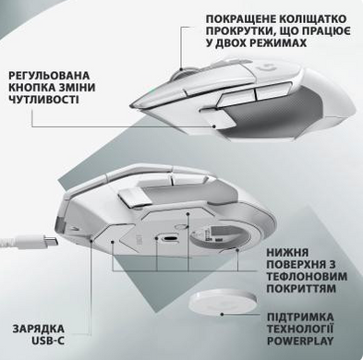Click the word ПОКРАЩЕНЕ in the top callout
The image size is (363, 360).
pyautogui.click(x=242, y=18)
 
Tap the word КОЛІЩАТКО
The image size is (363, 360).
pyautogui.click(x=313, y=18)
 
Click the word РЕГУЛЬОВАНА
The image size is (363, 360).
pyautogui.click(x=49, y=76)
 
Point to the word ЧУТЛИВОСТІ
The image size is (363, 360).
pyautogui.click(x=43, y=100)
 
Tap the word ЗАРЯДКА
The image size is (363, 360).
pyautogui.click(x=39, y=329)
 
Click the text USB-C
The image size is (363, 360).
pyautogui.click(x=48, y=341)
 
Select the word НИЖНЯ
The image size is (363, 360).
pyautogui.click(x=287, y=253)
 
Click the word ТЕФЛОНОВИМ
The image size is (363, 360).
pyautogui.click(x=307, y=276)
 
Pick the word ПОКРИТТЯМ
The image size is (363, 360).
pyautogui.click(x=301, y=289)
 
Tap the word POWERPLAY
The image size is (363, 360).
pyautogui.click(x=300, y=341)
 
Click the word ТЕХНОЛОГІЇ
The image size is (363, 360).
pyautogui.click(x=300, y=329)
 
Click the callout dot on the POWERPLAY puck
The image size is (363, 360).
pyautogui.click(x=222, y=314)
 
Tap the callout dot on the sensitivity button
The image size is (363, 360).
pyautogui.click(x=214, y=126)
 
